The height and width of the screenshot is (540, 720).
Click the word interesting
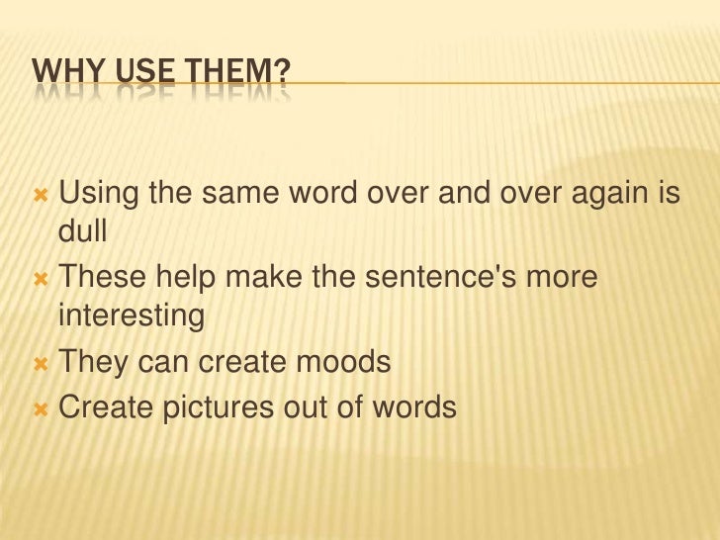pyautogui.click(x=132, y=318)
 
